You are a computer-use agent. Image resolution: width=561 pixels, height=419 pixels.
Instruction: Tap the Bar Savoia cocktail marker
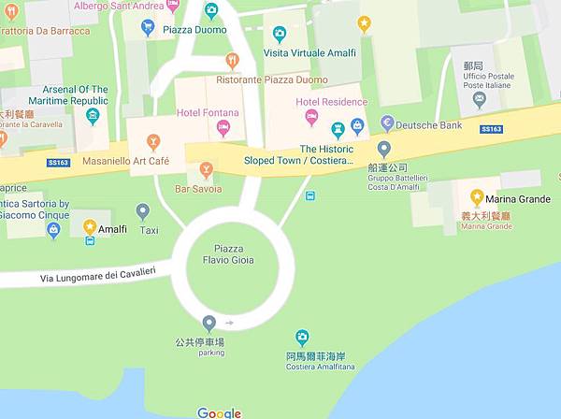[x=207, y=169]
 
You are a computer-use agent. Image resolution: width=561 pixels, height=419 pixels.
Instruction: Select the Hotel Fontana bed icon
[x=223, y=128]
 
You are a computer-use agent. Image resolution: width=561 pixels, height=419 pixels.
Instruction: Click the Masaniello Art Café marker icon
[x=153, y=141]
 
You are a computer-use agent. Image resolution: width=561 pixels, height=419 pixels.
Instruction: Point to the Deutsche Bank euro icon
[x=387, y=123]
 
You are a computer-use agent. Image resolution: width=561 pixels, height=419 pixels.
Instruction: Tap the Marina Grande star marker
[x=477, y=196]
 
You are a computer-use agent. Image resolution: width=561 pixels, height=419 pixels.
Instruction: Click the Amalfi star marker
[x=90, y=226]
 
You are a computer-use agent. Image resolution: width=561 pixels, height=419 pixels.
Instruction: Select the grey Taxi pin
[x=143, y=212]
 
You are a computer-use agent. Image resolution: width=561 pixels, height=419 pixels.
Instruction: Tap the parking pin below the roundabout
[x=209, y=324]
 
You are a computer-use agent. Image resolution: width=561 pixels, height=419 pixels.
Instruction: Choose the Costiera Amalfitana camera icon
[x=302, y=338]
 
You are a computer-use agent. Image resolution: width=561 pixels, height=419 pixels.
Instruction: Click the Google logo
[x=220, y=412]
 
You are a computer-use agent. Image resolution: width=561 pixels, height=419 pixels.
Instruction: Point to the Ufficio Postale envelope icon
[x=480, y=98]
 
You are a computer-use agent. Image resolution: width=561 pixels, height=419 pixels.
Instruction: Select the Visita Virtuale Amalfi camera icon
[x=279, y=35]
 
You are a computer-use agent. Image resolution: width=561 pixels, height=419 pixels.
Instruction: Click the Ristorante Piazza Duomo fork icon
[x=232, y=61]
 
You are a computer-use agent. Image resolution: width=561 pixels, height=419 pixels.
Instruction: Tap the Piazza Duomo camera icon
[x=211, y=10]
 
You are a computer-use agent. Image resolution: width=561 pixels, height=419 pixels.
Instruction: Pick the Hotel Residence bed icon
[x=311, y=117]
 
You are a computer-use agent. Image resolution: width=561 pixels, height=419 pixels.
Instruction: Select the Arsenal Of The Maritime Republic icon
[x=92, y=116]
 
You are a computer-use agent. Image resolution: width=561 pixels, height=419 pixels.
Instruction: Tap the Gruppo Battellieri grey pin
[x=383, y=149]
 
